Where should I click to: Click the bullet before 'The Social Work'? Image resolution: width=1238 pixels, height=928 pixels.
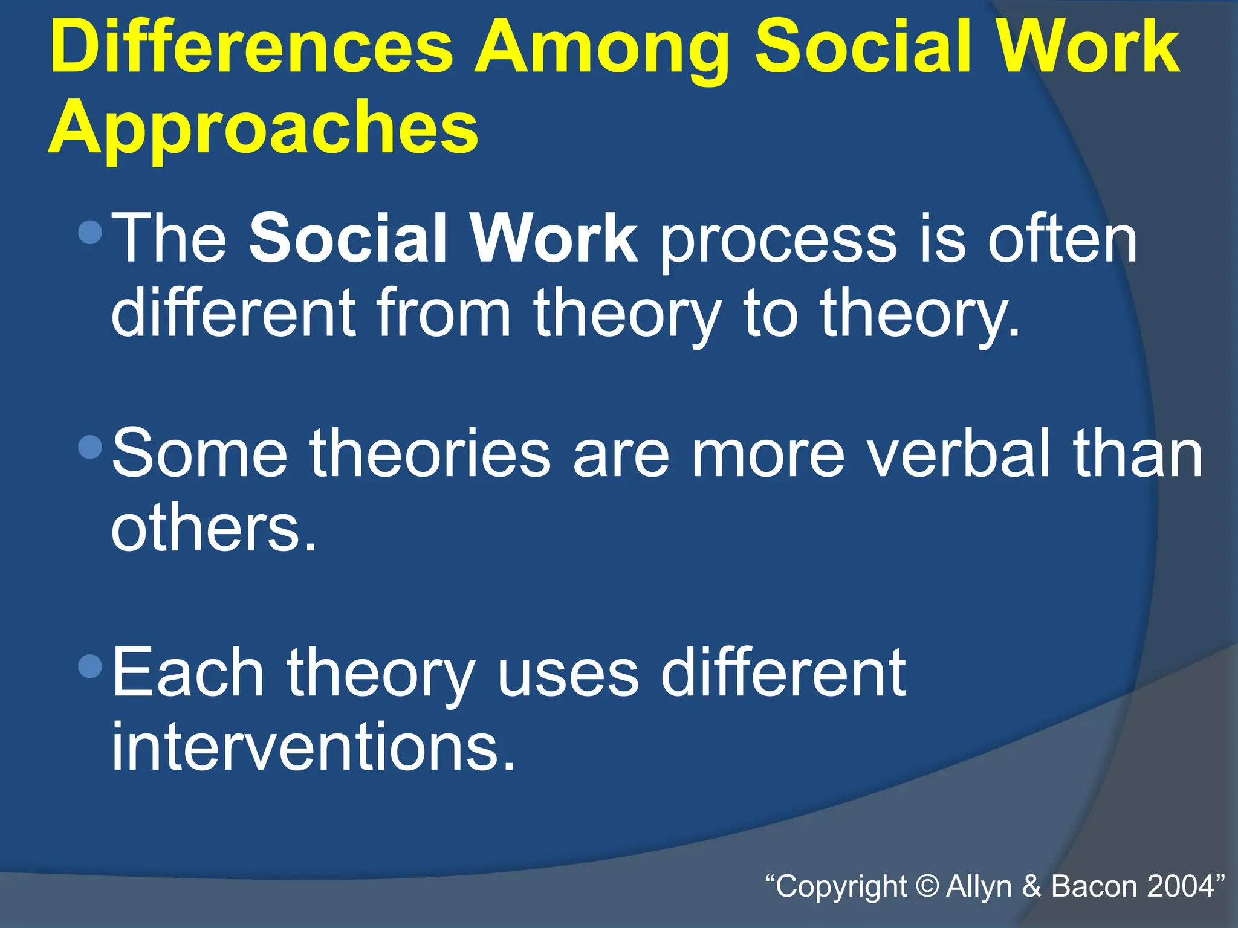90,232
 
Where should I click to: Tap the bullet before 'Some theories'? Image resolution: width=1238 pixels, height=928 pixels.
90,448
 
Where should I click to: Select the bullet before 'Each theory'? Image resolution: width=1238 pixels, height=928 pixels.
90,666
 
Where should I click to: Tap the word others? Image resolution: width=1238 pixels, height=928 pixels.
213,528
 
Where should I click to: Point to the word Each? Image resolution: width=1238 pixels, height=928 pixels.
188,672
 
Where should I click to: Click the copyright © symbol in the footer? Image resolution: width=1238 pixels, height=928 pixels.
927,886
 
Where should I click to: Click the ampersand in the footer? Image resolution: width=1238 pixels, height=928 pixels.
1031,886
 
